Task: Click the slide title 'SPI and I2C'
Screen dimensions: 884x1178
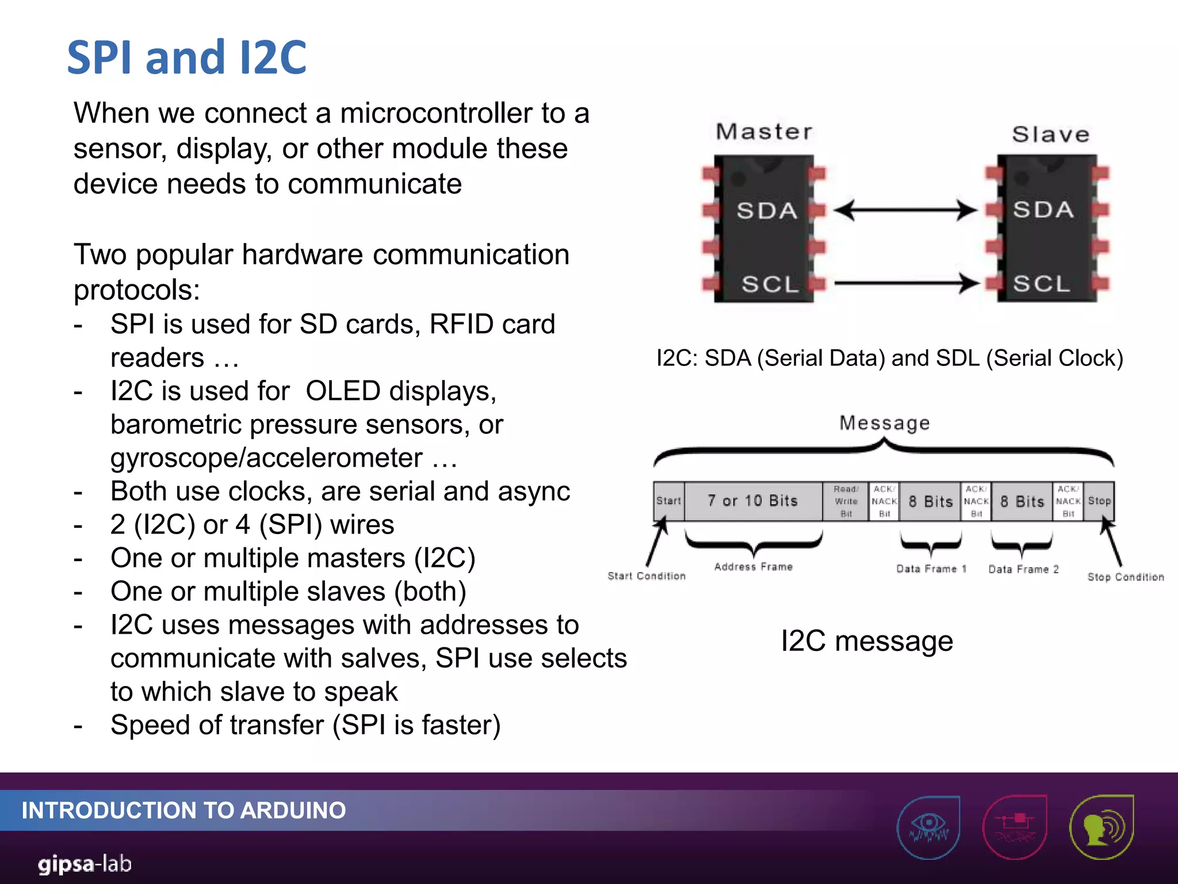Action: pyautogui.click(x=187, y=58)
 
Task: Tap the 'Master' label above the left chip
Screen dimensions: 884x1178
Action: pyautogui.click(x=764, y=132)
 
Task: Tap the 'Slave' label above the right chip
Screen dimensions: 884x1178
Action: pyautogui.click(x=1050, y=135)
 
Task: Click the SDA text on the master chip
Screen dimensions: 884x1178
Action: pyautogui.click(x=767, y=211)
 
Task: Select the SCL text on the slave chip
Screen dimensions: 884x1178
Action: pyautogui.click(x=1041, y=283)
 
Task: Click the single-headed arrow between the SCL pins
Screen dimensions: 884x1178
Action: pyautogui.click(x=906, y=283)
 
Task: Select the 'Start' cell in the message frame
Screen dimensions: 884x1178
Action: pyautogui.click(x=668, y=501)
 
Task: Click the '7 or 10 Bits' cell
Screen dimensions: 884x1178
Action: pyautogui.click(x=753, y=501)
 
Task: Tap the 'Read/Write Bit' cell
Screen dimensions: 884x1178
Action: pyautogui.click(x=846, y=501)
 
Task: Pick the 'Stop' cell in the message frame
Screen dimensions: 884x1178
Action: pyautogui.click(x=1099, y=501)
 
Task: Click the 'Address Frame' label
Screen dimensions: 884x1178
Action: pyautogui.click(x=753, y=567)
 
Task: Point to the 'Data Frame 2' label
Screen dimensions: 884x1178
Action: pyautogui.click(x=1023, y=569)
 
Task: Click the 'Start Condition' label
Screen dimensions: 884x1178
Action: pyautogui.click(x=647, y=576)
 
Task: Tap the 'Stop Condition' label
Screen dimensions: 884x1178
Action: pyautogui.click(x=1125, y=577)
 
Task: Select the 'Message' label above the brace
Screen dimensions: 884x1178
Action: pyautogui.click(x=884, y=423)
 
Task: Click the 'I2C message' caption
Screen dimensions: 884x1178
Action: pyautogui.click(x=867, y=641)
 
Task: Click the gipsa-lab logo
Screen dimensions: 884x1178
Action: pyautogui.click(x=85, y=864)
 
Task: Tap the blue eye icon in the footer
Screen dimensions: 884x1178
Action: pyautogui.click(x=928, y=827)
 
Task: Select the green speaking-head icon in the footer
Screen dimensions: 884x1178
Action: pyautogui.click(x=1101, y=827)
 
